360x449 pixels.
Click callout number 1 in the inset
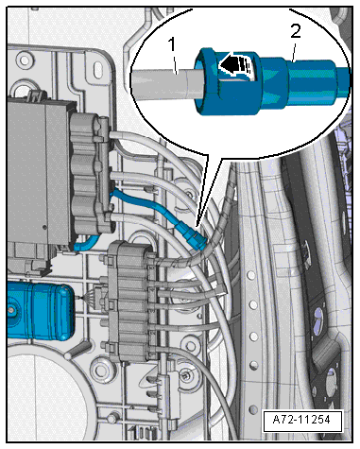[x=172, y=44]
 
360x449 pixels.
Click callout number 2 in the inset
[x=295, y=31]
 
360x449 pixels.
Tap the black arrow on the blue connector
[x=235, y=64]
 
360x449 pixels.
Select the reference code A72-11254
[x=302, y=420]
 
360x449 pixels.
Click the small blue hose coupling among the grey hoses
[x=191, y=236]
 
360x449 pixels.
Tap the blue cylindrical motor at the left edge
[x=41, y=311]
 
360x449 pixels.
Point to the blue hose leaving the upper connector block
[x=145, y=205]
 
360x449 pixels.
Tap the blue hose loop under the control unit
[x=86, y=243]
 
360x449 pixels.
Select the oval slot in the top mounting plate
[x=98, y=67]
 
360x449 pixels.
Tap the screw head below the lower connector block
[x=185, y=374]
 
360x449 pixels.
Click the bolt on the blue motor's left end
[x=11, y=310]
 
